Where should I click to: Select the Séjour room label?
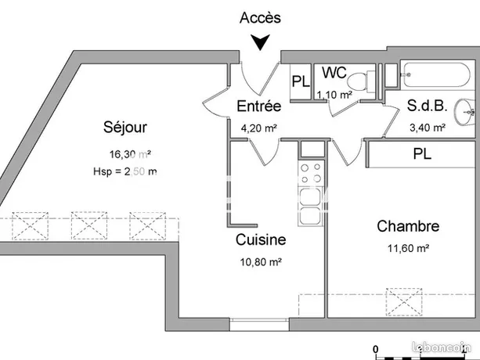(x=125, y=127)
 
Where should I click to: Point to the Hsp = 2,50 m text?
(x=125, y=171)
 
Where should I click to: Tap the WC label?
(x=334, y=73)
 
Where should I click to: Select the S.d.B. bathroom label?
(x=426, y=107)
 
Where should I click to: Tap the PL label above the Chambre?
(x=422, y=154)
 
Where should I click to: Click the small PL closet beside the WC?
(x=301, y=82)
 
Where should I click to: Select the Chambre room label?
(x=408, y=227)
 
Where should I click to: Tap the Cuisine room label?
(x=261, y=240)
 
